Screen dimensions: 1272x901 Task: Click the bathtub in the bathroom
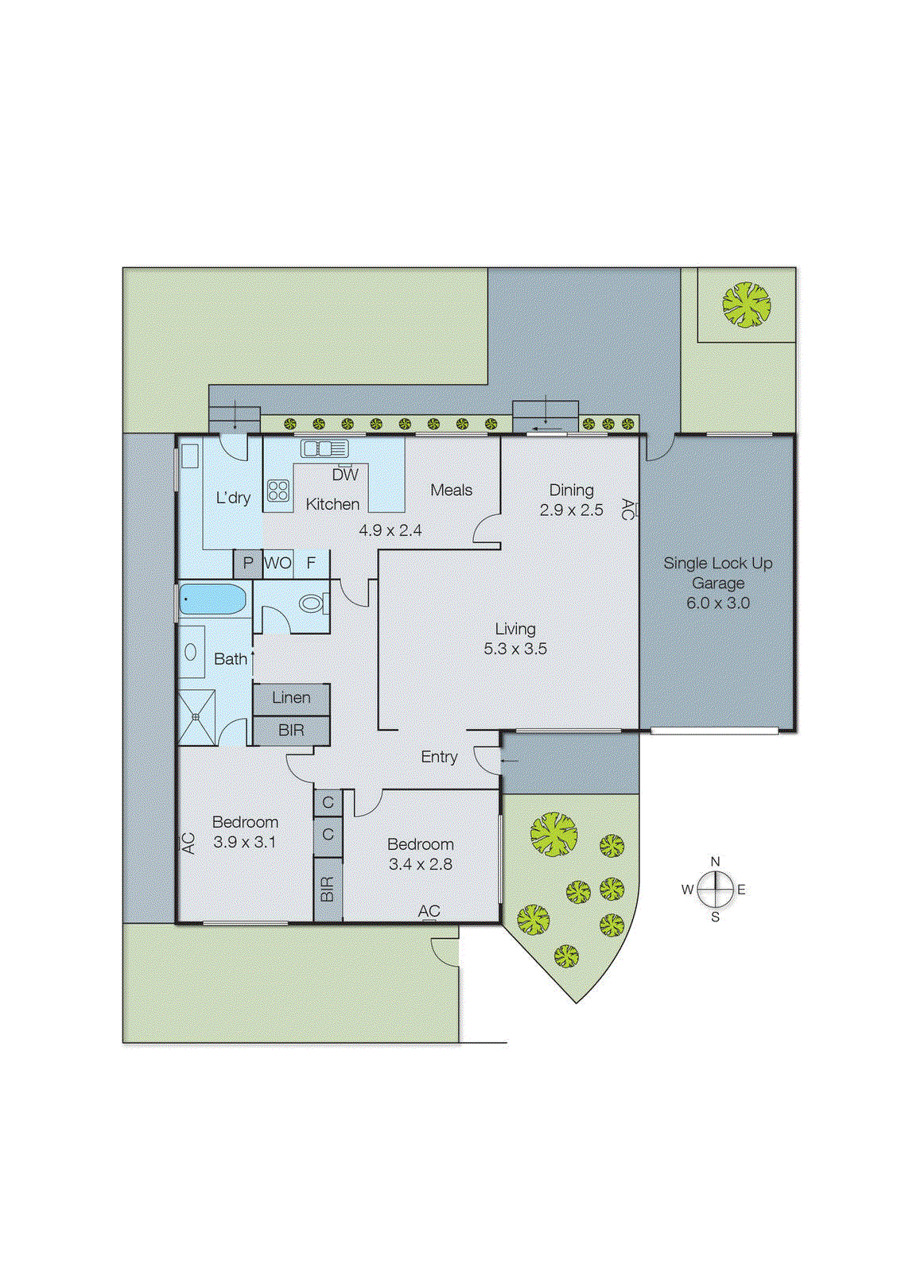[x=212, y=599]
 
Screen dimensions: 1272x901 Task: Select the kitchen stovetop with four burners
[x=278, y=491]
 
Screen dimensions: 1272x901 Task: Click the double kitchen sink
[x=324, y=448]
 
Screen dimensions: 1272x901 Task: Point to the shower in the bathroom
[x=196, y=717]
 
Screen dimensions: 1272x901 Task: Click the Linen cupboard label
[x=291, y=697]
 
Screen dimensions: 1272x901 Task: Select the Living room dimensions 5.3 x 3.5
[x=515, y=649]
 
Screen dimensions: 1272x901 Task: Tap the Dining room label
[x=571, y=490]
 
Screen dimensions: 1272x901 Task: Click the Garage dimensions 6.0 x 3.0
[x=718, y=603]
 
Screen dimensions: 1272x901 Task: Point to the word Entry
[x=439, y=757]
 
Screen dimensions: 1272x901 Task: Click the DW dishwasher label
[x=345, y=475]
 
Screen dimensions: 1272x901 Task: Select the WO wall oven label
[x=278, y=563]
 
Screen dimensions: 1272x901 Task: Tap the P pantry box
[x=248, y=563]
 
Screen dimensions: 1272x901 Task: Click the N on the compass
[x=715, y=862]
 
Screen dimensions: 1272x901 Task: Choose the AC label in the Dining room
[x=627, y=509]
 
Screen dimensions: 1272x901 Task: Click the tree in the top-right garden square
[x=746, y=304]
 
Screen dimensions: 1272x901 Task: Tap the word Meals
[x=451, y=490]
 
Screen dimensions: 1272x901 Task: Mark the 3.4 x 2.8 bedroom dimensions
[x=420, y=864]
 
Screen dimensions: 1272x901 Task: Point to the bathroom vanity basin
[x=191, y=652]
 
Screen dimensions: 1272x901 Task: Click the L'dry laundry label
[x=233, y=498]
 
